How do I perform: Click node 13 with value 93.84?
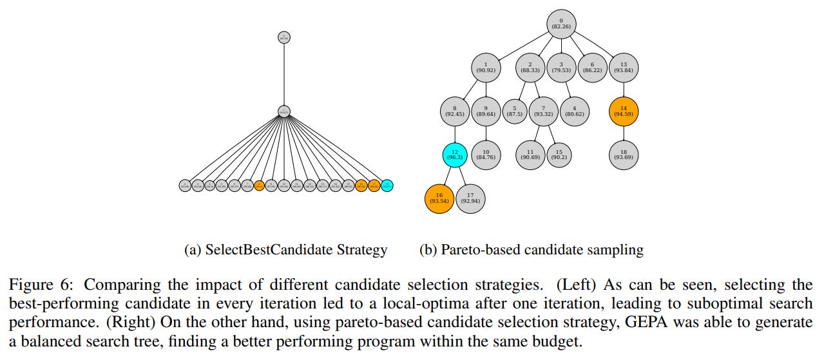[624, 66]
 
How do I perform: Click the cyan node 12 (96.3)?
[455, 155]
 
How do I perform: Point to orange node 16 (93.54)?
[439, 198]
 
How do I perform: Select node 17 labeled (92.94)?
[471, 198]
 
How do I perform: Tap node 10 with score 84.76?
[486, 155]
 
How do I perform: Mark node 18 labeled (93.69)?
[624, 155]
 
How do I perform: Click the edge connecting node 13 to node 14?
[624, 88]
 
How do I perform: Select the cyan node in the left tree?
[387, 185]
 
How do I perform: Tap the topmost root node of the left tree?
[284, 37]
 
